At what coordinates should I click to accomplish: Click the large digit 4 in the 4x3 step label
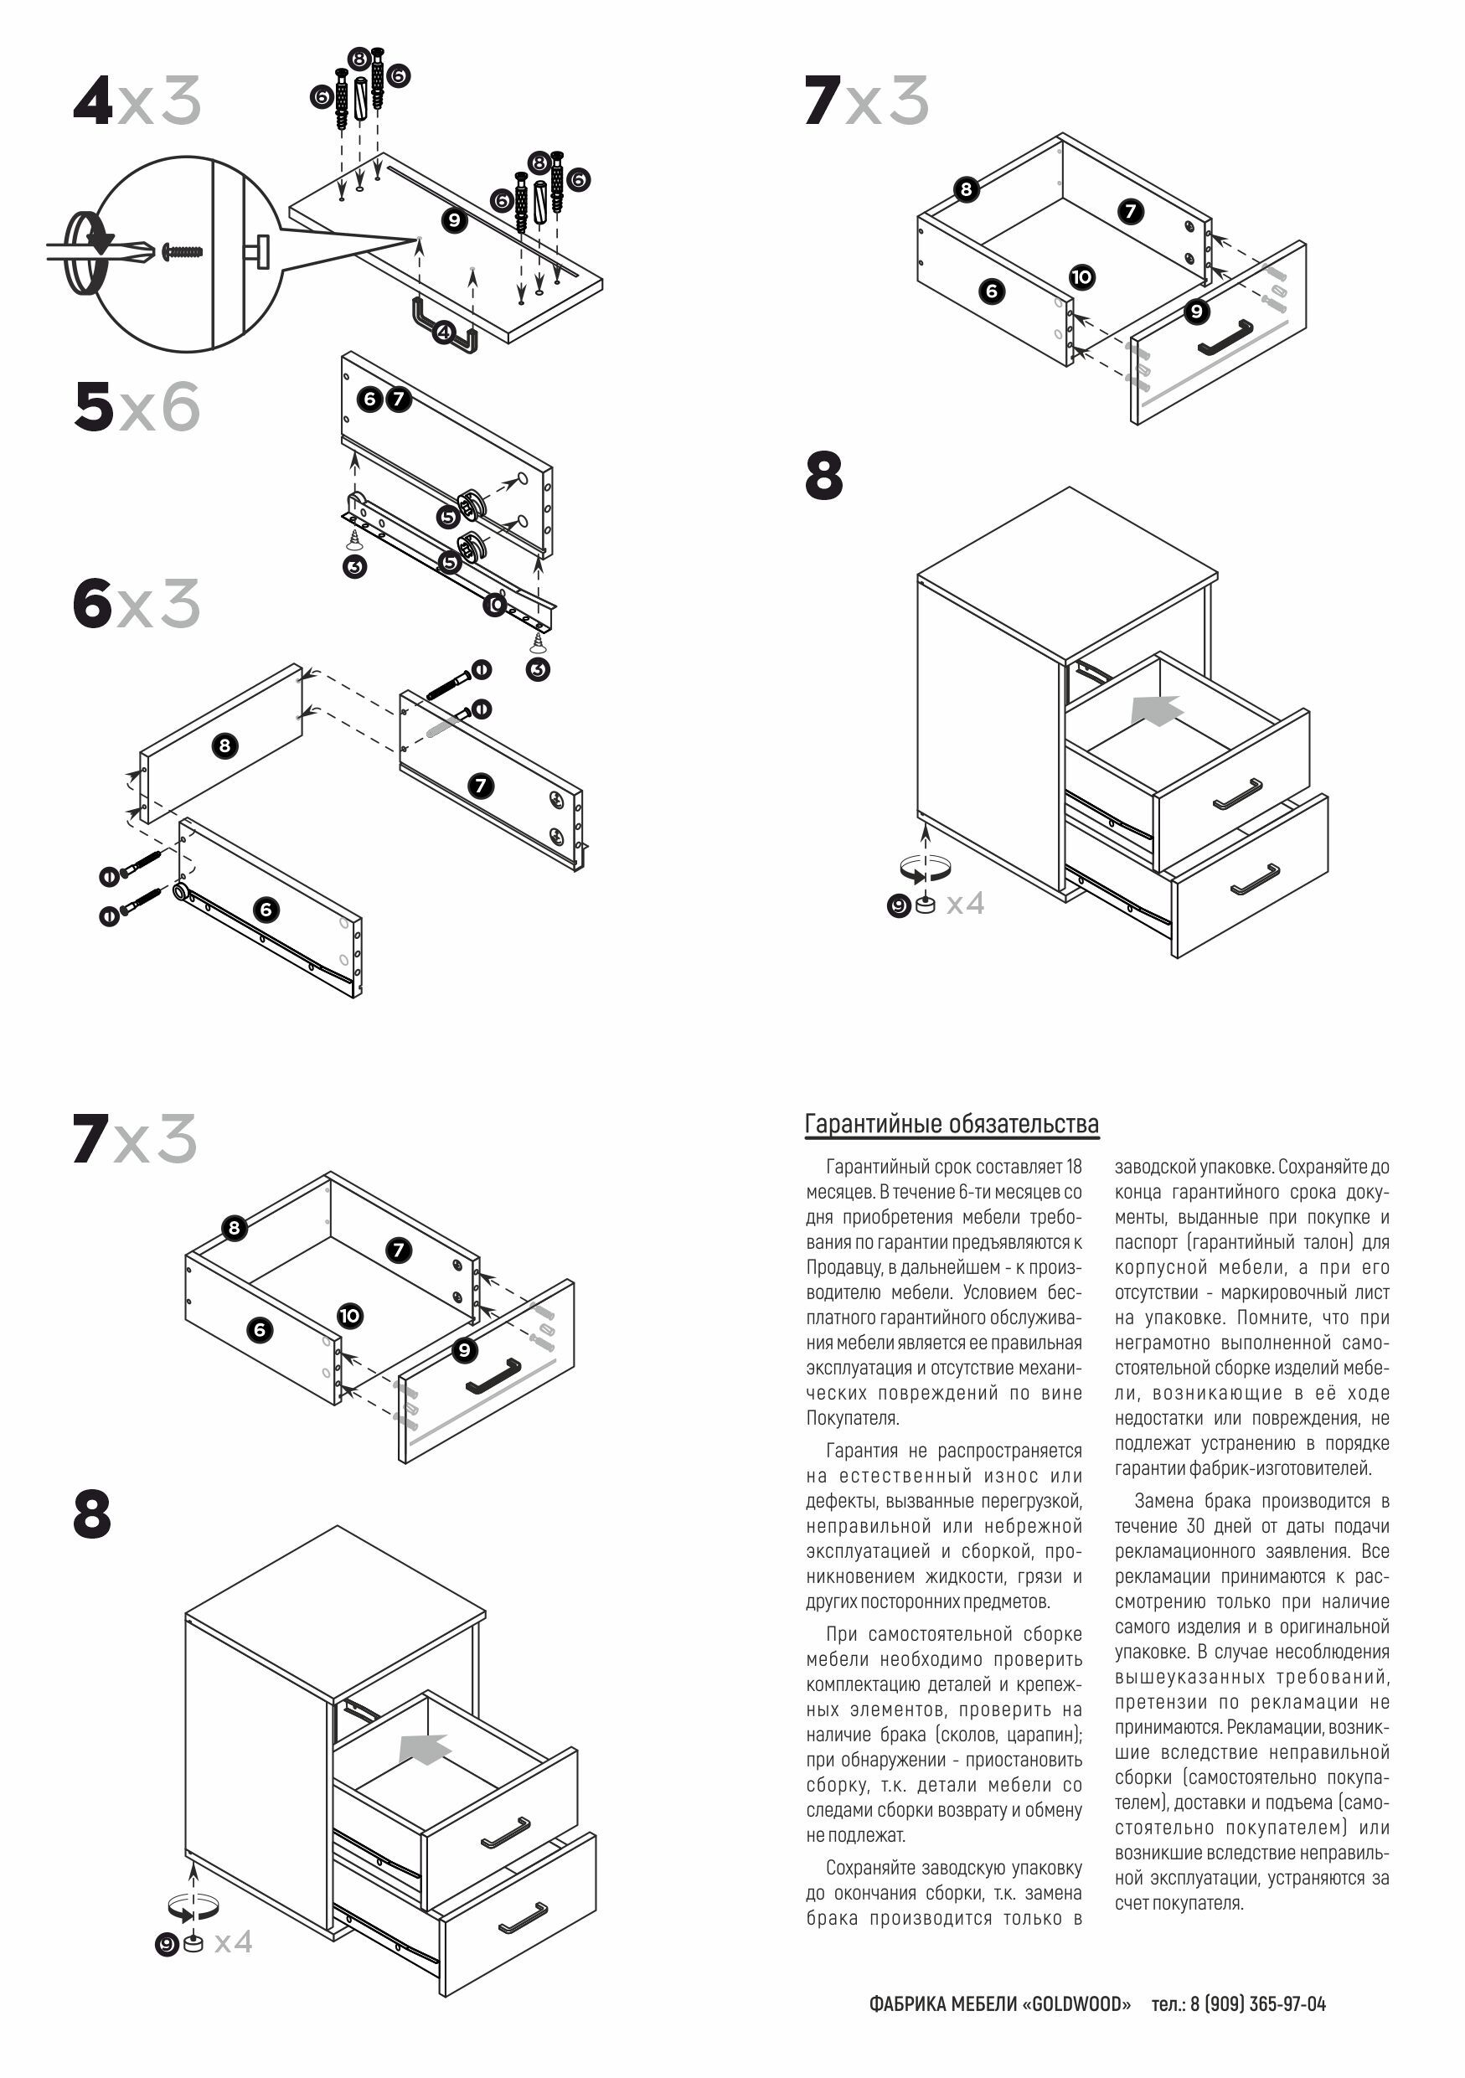tap(93, 101)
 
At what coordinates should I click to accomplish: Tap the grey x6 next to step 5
tap(160, 407)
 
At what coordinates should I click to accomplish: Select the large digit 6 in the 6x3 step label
tap(92, 604)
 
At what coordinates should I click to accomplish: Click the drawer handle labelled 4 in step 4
tap(444, 327)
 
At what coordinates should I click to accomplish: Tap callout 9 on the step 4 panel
tap(454, 220)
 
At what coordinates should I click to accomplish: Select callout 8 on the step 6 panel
tap(224, 745)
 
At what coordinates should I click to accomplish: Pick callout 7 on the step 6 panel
tap(481, 786)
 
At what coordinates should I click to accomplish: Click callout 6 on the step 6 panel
tap(266, 909)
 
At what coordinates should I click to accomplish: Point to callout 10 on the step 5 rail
tap(494, 604)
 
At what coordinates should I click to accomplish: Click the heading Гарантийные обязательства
tap(951, 1124)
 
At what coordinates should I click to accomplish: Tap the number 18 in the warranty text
tap(1073, 1168)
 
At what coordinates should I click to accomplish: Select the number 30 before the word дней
tap(1195, 1526)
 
